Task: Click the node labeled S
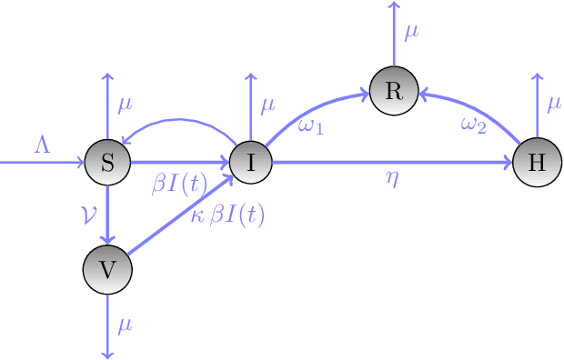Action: (107, 163)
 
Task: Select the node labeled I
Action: (250, 163)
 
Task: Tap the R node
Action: (394, 91)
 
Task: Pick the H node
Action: (537, 163)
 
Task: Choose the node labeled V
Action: (107, 269)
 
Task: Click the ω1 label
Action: (311, 125)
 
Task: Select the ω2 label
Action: (472, 126)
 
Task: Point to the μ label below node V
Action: (126, 325)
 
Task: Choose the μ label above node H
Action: (554, 105)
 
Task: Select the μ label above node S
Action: (126, 105)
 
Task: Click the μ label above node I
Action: (267, 105)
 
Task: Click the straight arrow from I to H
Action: (391, 163)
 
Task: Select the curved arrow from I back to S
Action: (177, 119)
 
